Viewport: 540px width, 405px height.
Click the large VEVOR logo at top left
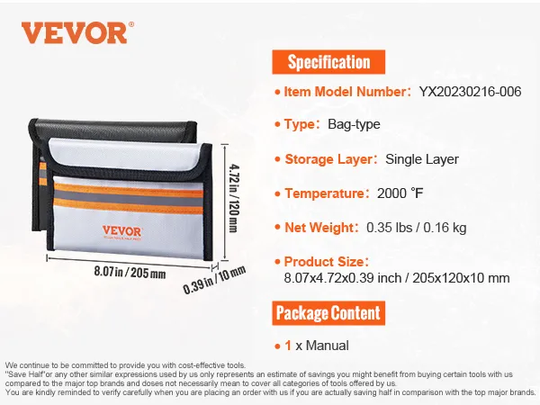coord(77,32)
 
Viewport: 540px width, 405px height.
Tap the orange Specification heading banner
coord(328,62)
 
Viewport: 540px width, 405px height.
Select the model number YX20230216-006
coord(470,92)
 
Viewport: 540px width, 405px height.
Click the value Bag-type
coord(354,124)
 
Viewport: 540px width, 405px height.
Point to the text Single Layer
coord(422,159)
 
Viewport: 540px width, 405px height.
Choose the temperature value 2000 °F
coord(400,193)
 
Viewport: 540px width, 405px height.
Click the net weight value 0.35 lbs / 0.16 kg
coord(417,228)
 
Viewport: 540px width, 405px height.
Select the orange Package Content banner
coord(328,313)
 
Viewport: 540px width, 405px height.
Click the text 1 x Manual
coord(317,346)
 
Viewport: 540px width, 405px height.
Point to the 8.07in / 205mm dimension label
coord(130,272)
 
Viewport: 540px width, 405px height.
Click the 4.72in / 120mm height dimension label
coord(234,198)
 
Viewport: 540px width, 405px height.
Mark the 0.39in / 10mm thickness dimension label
coord(214,280)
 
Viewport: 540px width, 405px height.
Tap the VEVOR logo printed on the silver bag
coord(121,232)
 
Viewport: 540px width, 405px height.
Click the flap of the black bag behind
coord(113,130)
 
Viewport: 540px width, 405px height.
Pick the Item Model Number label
coord(346,92)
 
